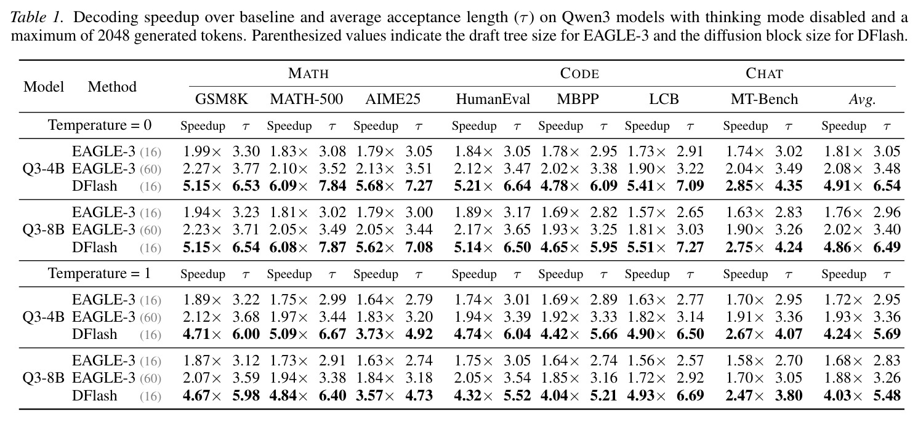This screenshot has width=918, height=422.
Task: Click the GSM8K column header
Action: pyautogui.click(x=221, y=99)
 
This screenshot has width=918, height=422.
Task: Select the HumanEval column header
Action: pyautogui.click(x=493, y=99)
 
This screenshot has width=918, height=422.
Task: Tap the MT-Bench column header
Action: pyautogui.click(x=764, y=99)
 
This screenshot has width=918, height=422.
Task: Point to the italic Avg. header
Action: pyautogui.click(x=862, y=100)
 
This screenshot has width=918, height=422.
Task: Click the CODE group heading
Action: pyautogui.click(x=579, y=73)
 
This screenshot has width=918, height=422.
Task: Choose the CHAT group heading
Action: pyautogui.click(x=764, y=73)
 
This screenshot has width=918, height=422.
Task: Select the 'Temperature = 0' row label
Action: pyautogui.click(x=100, y=125)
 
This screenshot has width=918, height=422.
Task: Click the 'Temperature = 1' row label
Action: pyautogui.click(x=100, y=273)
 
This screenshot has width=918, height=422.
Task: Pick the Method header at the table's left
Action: pyautogui.click(x=112, y=87)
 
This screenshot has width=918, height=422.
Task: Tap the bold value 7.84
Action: pyautogui.click(x=332, y=186)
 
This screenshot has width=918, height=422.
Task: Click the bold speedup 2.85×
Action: pyautogui.click(x=744, y=186)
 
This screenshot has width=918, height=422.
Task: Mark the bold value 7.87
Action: pyautogui.click(x=332, y=247)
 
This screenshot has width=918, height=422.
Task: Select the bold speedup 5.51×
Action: pyautogui.click(x=646, y=247)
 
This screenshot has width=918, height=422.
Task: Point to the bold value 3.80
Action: pyautogui.click(x=789, y=396)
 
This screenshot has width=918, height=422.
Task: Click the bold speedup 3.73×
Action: pyautogui.click(x=374, y=334)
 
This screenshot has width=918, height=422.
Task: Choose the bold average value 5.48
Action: pyautogui.click(x=887, y=396)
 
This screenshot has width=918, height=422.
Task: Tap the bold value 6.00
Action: pyautogui.click(x=246, y=334)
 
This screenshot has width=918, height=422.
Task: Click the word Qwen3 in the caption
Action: pyautogui.click(x=582, y=17)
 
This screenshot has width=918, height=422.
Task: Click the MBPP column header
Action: pyautogui.click(x=578, y=99)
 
